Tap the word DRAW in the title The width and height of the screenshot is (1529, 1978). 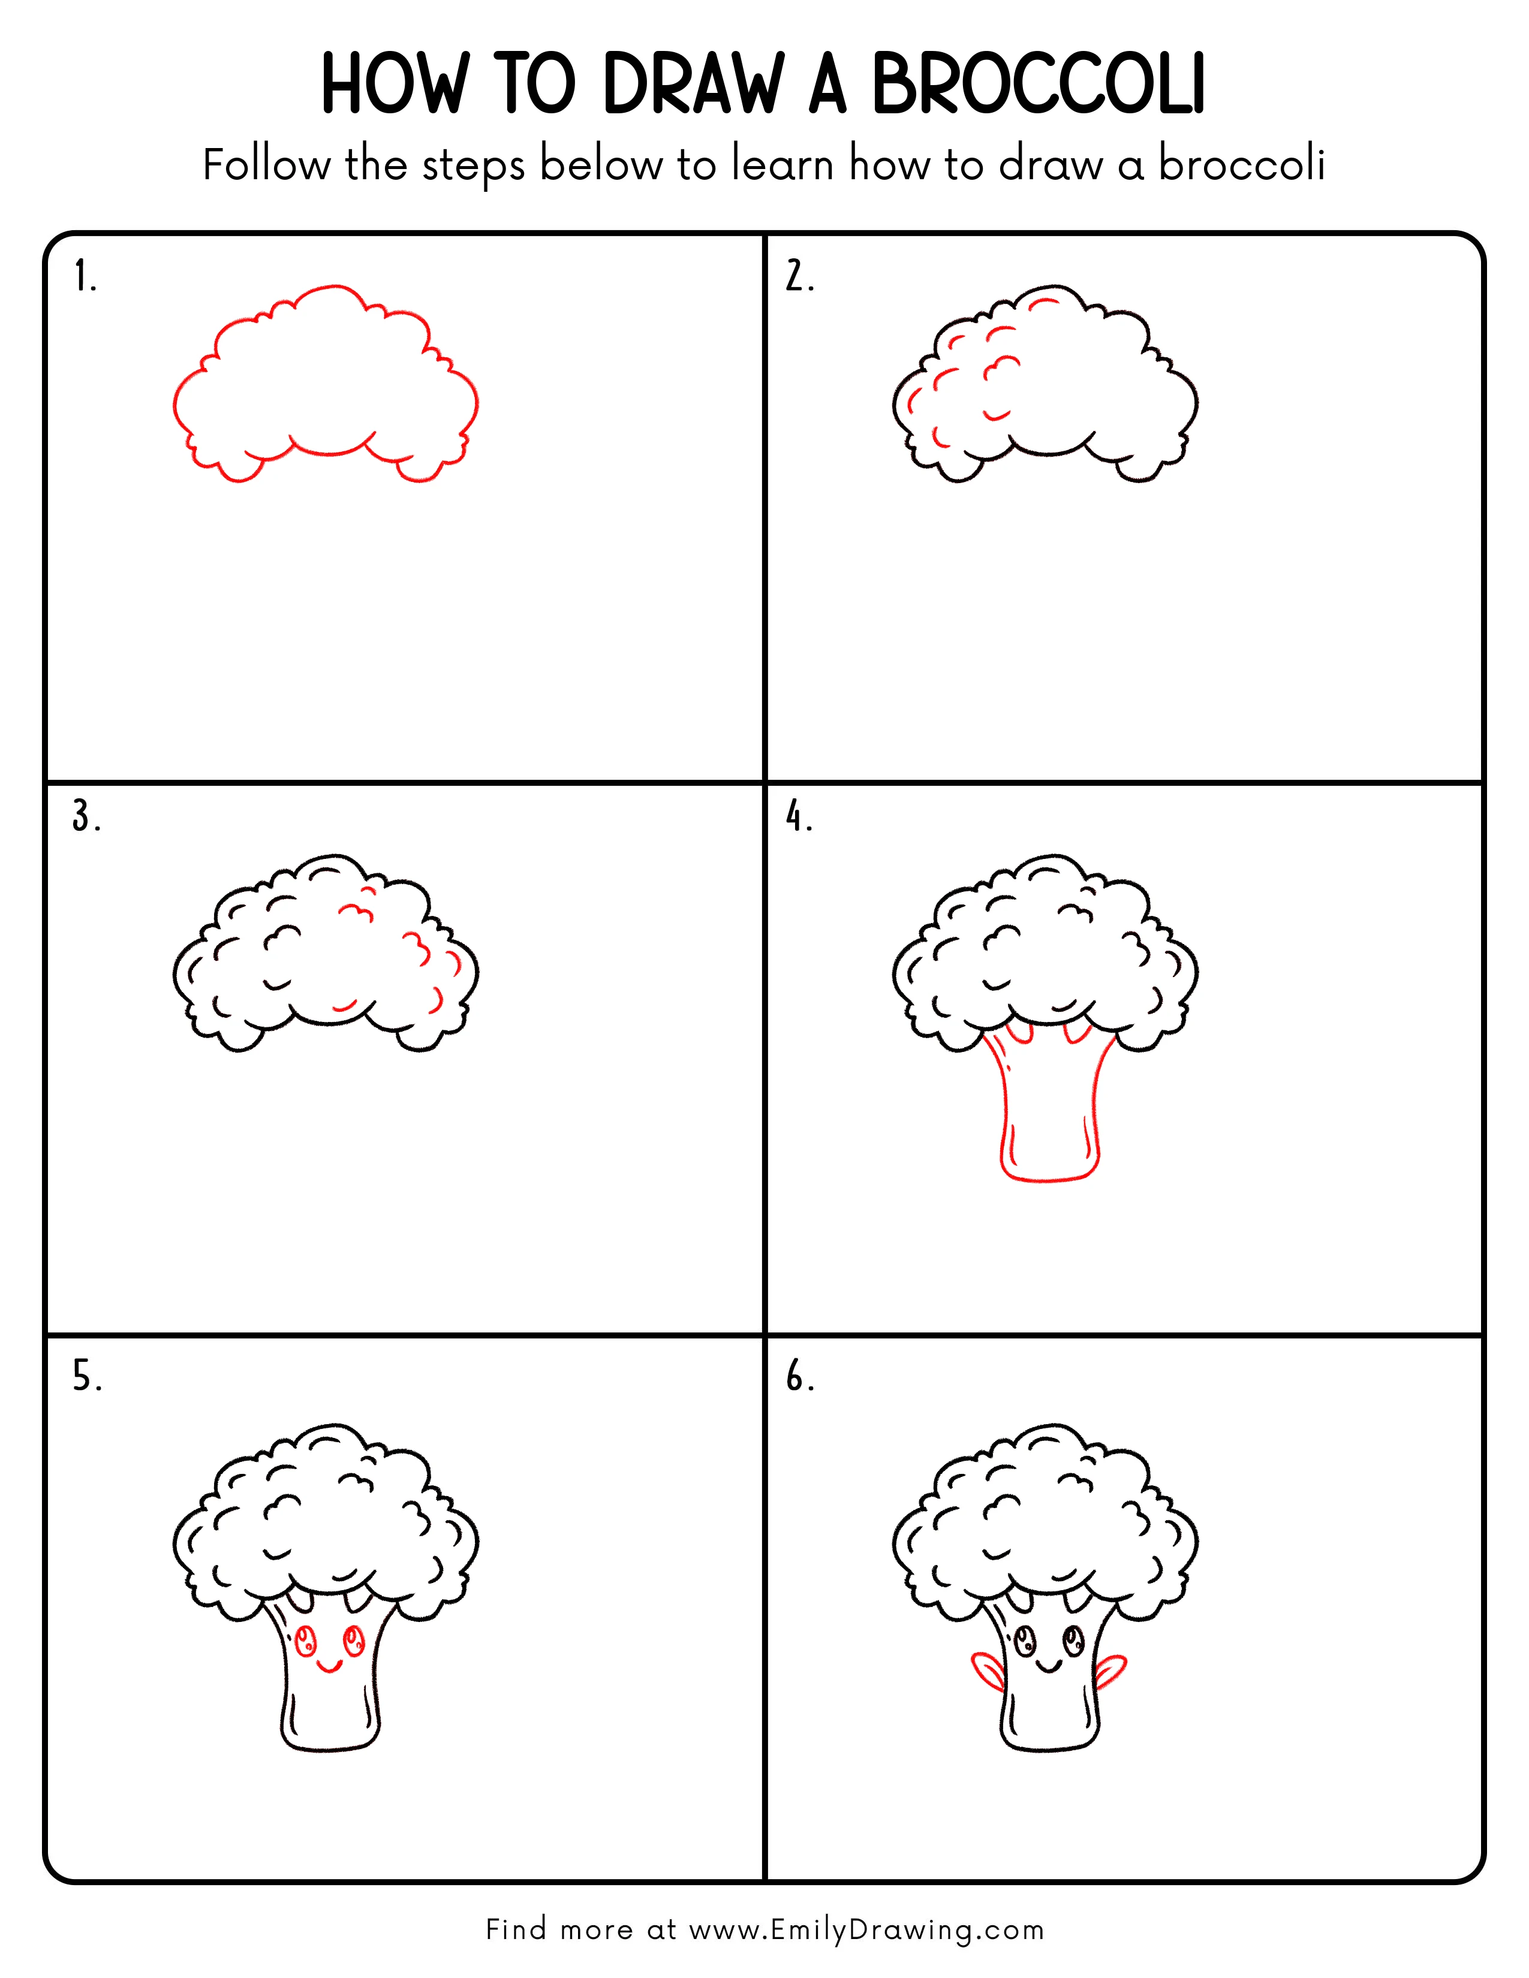[x=692, y=85]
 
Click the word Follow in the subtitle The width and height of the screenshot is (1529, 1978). [x=266, y=166]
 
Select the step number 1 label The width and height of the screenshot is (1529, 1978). [x=84, y=276]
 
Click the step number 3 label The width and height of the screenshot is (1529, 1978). [x=86, y=817]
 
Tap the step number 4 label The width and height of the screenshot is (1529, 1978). [x=799, y=817]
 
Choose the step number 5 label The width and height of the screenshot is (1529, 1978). [x=87, y=1377]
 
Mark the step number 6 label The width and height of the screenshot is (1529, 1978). [x=800, y=1377]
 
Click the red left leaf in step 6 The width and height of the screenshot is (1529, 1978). [x=986, y=1668]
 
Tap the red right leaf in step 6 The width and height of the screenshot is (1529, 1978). [x=1112, y=1668]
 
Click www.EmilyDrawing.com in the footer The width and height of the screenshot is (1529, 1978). [x=866, y=1929]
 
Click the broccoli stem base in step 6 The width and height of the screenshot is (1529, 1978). [x=1050, y=1744]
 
